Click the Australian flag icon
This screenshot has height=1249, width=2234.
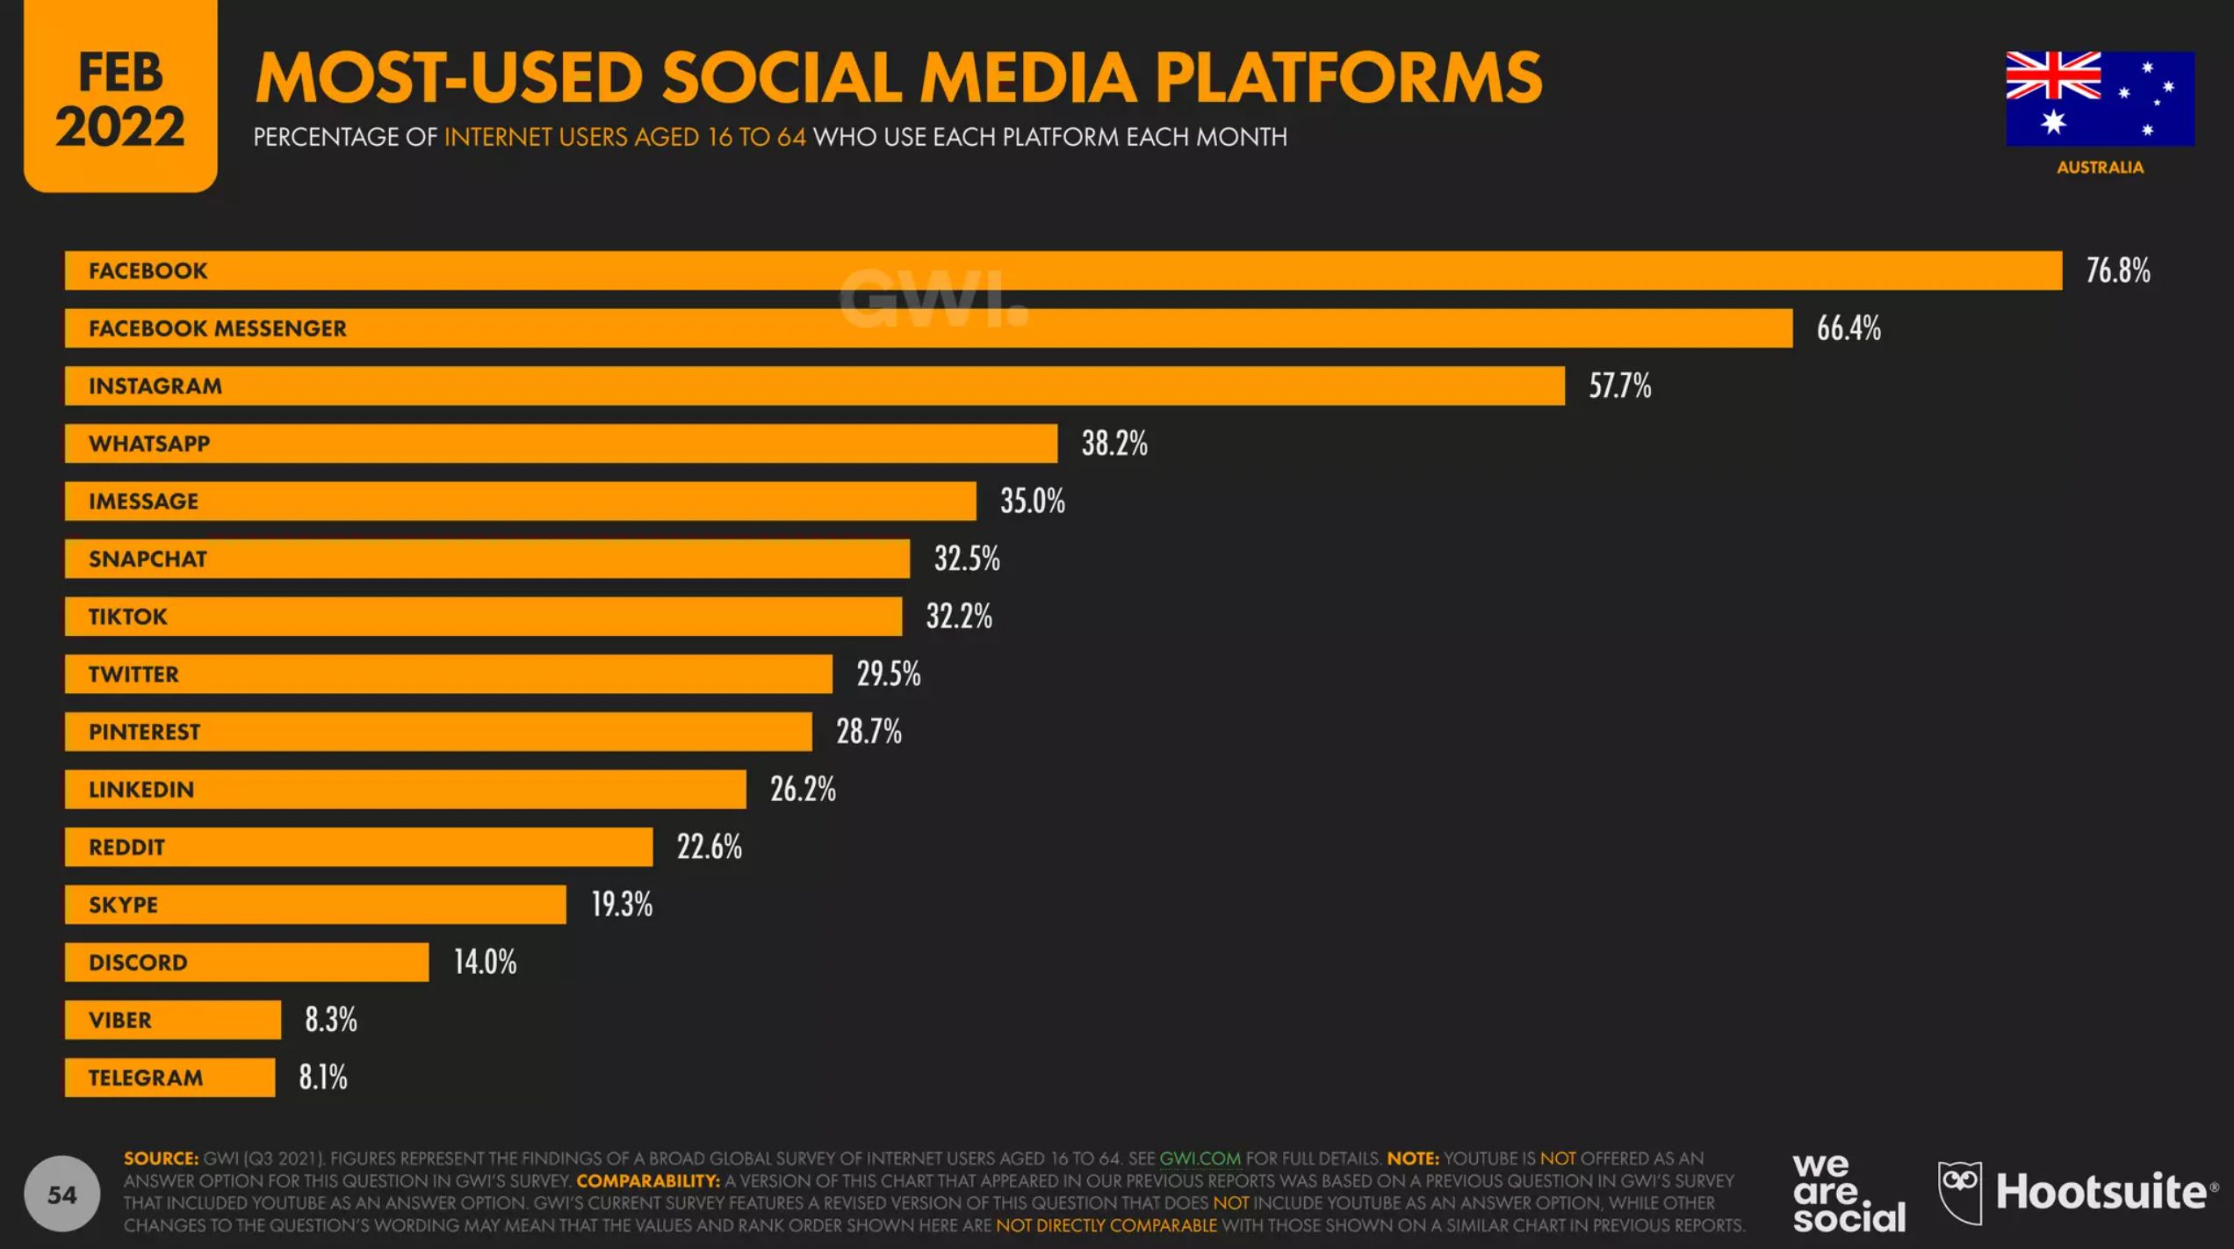point(2100,98)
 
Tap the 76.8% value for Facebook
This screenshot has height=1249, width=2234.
point(2118,271)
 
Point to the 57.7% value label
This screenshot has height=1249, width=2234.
point(1619,386)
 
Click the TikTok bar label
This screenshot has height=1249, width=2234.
point(127,617)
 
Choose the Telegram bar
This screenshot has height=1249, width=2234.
point(169,1078)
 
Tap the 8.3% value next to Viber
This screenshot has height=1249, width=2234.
point(331,1020)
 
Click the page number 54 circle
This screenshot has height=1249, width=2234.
point(61,1195)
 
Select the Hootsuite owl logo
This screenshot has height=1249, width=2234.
point(1959,1192)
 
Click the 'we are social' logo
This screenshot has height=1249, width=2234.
point(1848,1193)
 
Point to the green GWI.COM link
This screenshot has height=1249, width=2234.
point(1200,1159)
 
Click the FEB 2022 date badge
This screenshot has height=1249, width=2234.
point(120,97)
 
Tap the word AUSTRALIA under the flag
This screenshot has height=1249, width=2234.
point(2100,167)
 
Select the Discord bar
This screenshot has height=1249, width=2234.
point(247,963)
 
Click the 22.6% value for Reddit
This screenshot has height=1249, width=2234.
point(709,848)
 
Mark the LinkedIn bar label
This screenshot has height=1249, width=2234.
point(141,790)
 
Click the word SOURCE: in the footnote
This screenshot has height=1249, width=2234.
point(161,1159)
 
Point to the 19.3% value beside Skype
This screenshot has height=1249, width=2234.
point(621,905)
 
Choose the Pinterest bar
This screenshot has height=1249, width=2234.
point(438,732)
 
